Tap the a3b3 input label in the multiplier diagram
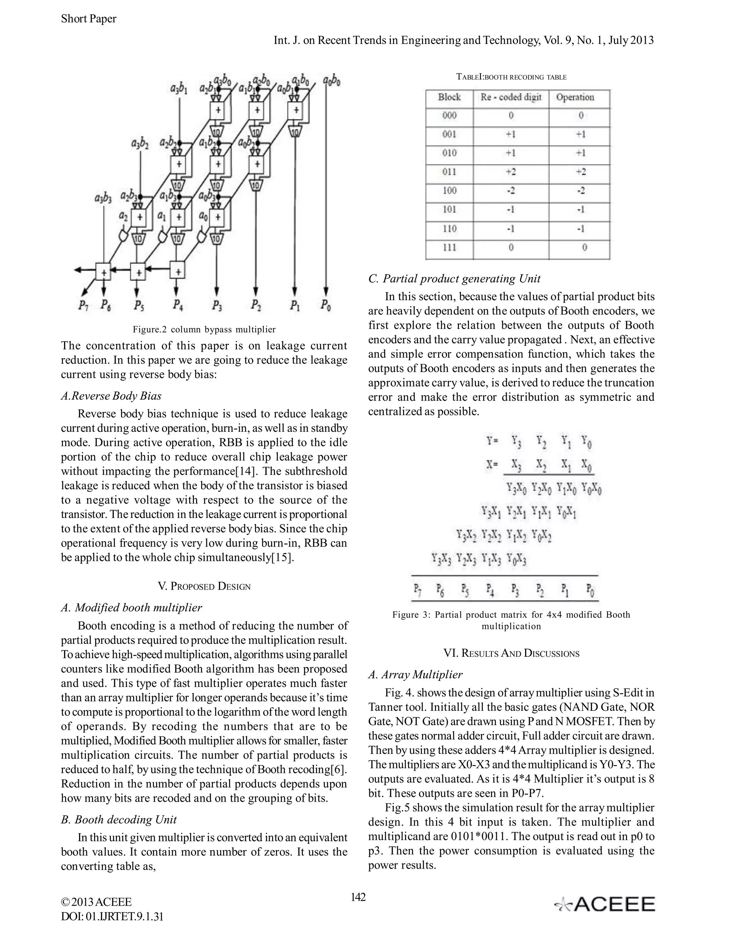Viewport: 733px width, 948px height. [x=103, y=199]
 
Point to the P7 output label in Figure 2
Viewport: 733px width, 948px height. [x=83, y=306]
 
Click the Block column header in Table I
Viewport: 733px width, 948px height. [x=449, y=97]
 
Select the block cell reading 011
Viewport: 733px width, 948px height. [x=449, y=172]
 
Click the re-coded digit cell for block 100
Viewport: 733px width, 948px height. [x=511, y=191]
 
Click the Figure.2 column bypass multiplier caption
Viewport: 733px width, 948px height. [x=204, y=329]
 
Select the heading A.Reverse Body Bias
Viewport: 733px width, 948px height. [x=111, y=396]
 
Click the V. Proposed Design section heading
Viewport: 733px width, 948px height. [x=204, y=586]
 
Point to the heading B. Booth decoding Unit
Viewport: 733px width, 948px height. [x=119, y=820]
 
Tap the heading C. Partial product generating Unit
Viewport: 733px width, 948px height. [x=454, y=279]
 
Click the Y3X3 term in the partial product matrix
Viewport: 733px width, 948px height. [x=441, y=558]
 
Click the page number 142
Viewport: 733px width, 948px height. [x=358, y=897]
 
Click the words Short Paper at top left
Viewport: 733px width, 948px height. [x=89, y=19]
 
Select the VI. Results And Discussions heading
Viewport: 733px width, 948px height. [x=511, y=653]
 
